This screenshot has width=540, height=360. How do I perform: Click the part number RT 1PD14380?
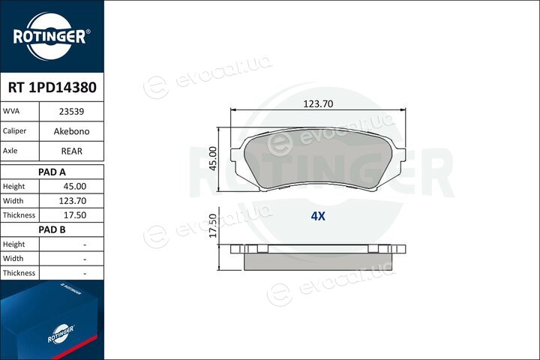click(x=52, y=88)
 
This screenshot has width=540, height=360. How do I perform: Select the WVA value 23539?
click(x=72, y=112)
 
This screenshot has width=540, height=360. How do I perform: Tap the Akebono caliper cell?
click(x=72, y=131)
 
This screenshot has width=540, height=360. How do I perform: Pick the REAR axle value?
click(x=72, y=151)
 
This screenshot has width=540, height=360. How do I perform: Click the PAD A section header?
click(x=52, y=172)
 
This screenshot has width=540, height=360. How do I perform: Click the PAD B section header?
click(x=52, y=229)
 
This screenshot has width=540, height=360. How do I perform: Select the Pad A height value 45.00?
click(x=75, y=186)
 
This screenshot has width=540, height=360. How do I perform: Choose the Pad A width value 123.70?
click(x=72, y=201)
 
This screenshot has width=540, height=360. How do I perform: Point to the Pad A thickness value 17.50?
click(x=75, y=215)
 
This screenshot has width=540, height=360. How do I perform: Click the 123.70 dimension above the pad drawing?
click(x=318, y=103)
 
